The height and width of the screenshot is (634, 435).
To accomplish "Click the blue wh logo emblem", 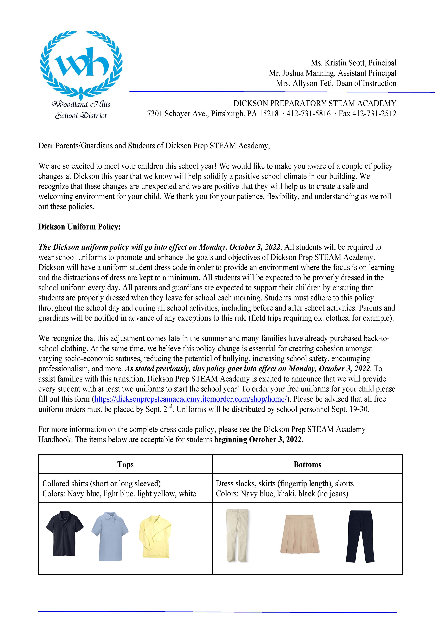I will pos(81,64).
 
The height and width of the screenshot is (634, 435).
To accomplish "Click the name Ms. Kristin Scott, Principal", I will pos(353,63).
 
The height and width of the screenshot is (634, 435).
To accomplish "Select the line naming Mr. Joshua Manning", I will pos(332,73).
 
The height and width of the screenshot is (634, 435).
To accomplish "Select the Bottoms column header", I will pos(307,465).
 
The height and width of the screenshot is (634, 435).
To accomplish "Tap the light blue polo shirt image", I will pos(110,536).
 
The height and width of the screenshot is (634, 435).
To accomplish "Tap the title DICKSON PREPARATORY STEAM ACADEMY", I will pos(315,103).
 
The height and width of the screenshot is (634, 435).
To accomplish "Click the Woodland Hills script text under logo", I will pos(81,104).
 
